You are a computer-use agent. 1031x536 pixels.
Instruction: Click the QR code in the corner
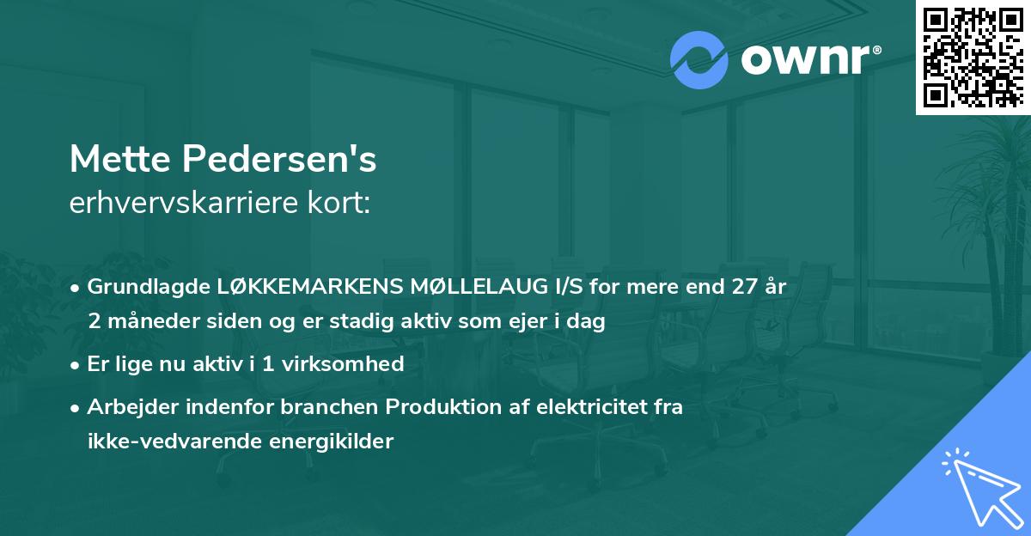tap(973, 57)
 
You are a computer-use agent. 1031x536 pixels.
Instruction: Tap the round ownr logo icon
tap(699, 60)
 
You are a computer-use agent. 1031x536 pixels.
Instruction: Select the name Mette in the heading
tap(119, 159)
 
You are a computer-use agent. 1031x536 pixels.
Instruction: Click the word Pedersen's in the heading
tap(278, 159)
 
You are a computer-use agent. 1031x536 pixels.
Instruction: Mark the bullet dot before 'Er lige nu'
tap(76, 364)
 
